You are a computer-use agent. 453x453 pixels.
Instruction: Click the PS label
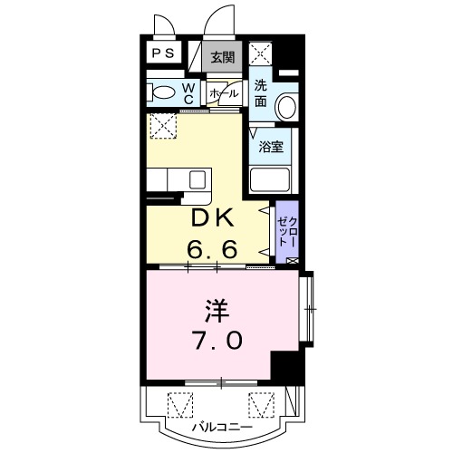pyautogui.click(x=164, y=53)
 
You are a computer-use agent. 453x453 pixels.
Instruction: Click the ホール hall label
pyautogui.click(x=224, y=93)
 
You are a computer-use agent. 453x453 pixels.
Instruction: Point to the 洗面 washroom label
pyautogui.click(x=260, y=94)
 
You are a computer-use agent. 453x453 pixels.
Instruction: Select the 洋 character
pyautogui.click(x=216, y=312)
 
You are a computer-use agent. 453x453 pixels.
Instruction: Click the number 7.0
pyautogui.click(x=216, y=341)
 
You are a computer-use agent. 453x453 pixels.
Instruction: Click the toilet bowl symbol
pyautogui.click(x=164, y=92)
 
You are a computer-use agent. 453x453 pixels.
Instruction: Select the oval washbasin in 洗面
pyautogui.click(x=287, y=106)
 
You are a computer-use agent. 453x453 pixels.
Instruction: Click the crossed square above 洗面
pyautogui.click(x=260, y=52)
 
